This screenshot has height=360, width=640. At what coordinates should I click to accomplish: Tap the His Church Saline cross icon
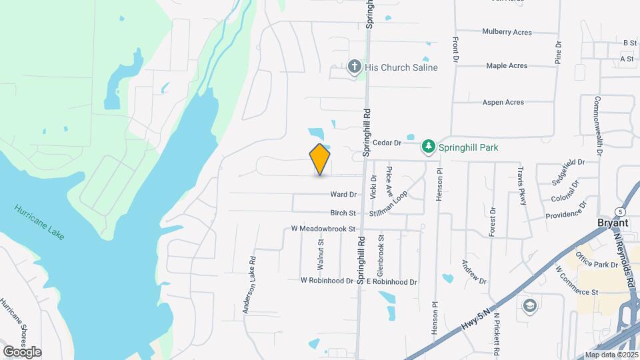click(355, 67)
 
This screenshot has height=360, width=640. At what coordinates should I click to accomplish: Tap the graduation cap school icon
click(529, 306)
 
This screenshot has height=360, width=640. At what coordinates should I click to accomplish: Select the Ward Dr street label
click(343, 195)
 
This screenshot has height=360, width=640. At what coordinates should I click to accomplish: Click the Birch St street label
click(343, 213)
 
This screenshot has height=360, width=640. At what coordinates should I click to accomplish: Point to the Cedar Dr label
click(387, 143)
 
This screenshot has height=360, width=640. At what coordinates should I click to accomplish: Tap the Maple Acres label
click(507, 66)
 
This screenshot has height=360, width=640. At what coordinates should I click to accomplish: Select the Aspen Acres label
click(503, 103)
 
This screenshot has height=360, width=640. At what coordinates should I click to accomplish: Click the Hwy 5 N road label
click(479, 318)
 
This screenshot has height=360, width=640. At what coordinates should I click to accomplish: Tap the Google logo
click(22, 352)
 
